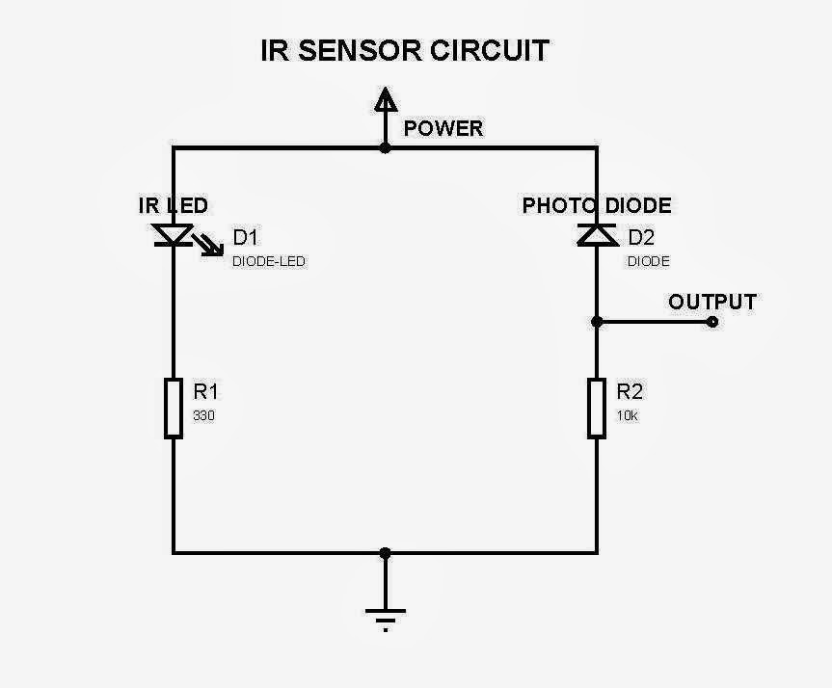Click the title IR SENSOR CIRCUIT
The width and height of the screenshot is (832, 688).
click(405, 50)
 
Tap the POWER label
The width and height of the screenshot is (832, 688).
click(443, 128)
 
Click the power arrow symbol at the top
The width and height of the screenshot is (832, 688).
click(386, 100)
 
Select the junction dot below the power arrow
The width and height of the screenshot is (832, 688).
click(386, 147)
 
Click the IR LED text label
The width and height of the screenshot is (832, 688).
click(174, 205)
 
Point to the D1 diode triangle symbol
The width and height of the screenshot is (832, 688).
click(174, 235)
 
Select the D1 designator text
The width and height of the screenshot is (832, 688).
click(247, 238)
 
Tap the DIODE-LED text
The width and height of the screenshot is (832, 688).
click(269, 261)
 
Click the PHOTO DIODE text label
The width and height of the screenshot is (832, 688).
click(597, 205)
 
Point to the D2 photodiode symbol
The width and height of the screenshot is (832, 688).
click(598, 234)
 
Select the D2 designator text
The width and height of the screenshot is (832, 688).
click(642, 238)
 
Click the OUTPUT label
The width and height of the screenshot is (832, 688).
click(712, 302)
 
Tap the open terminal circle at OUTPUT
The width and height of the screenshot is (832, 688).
click(712, 322)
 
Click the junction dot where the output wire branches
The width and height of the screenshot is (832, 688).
click(598, 322)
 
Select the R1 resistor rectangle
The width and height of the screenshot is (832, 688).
click(174, 408)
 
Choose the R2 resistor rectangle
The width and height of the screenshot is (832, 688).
click(598, 408)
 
